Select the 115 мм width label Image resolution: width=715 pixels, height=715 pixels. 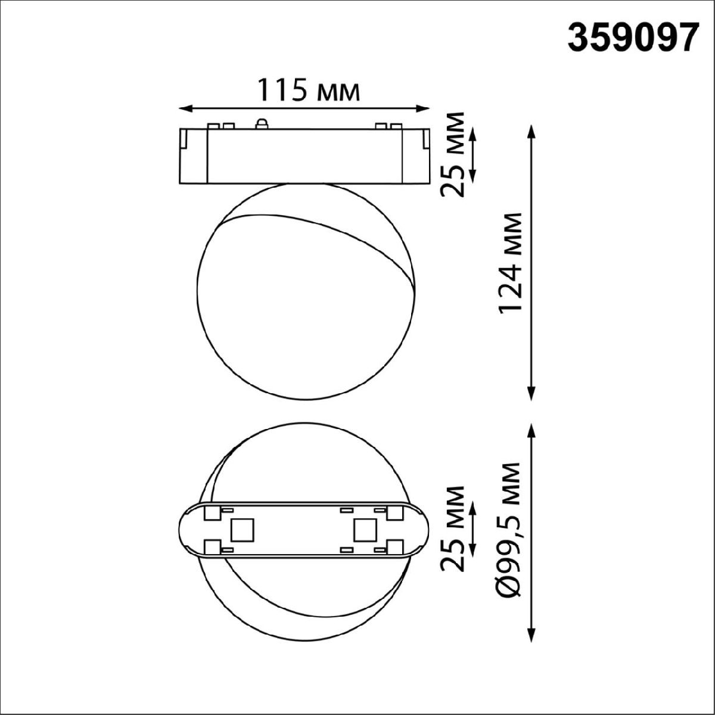click(x=308, y=91)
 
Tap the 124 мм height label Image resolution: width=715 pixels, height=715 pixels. click(x=511, y=262)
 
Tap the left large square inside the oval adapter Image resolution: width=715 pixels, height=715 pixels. click(x=243, y=529)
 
